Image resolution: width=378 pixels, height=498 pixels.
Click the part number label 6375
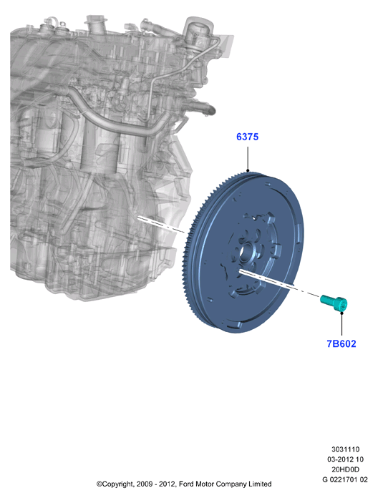247,137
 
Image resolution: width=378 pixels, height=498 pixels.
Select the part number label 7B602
341,344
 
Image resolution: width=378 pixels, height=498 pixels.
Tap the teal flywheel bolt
334,303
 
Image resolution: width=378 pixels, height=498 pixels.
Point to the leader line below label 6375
248,158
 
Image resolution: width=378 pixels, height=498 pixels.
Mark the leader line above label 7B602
341,325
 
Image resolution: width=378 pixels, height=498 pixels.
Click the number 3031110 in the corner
345,449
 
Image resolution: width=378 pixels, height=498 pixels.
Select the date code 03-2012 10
345,459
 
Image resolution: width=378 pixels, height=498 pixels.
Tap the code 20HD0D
345,469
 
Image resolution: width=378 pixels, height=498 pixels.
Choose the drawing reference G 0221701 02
345,479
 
